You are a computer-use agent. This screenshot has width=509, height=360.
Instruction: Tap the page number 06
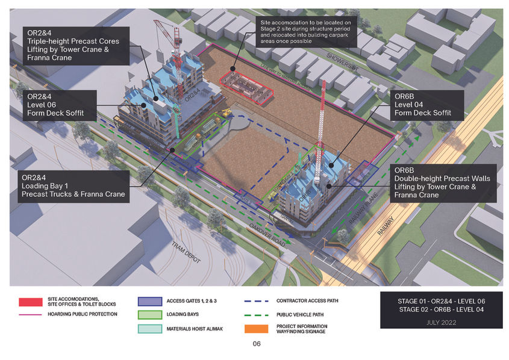coord(256,344)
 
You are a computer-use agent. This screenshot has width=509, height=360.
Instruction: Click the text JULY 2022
coord(441,322)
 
